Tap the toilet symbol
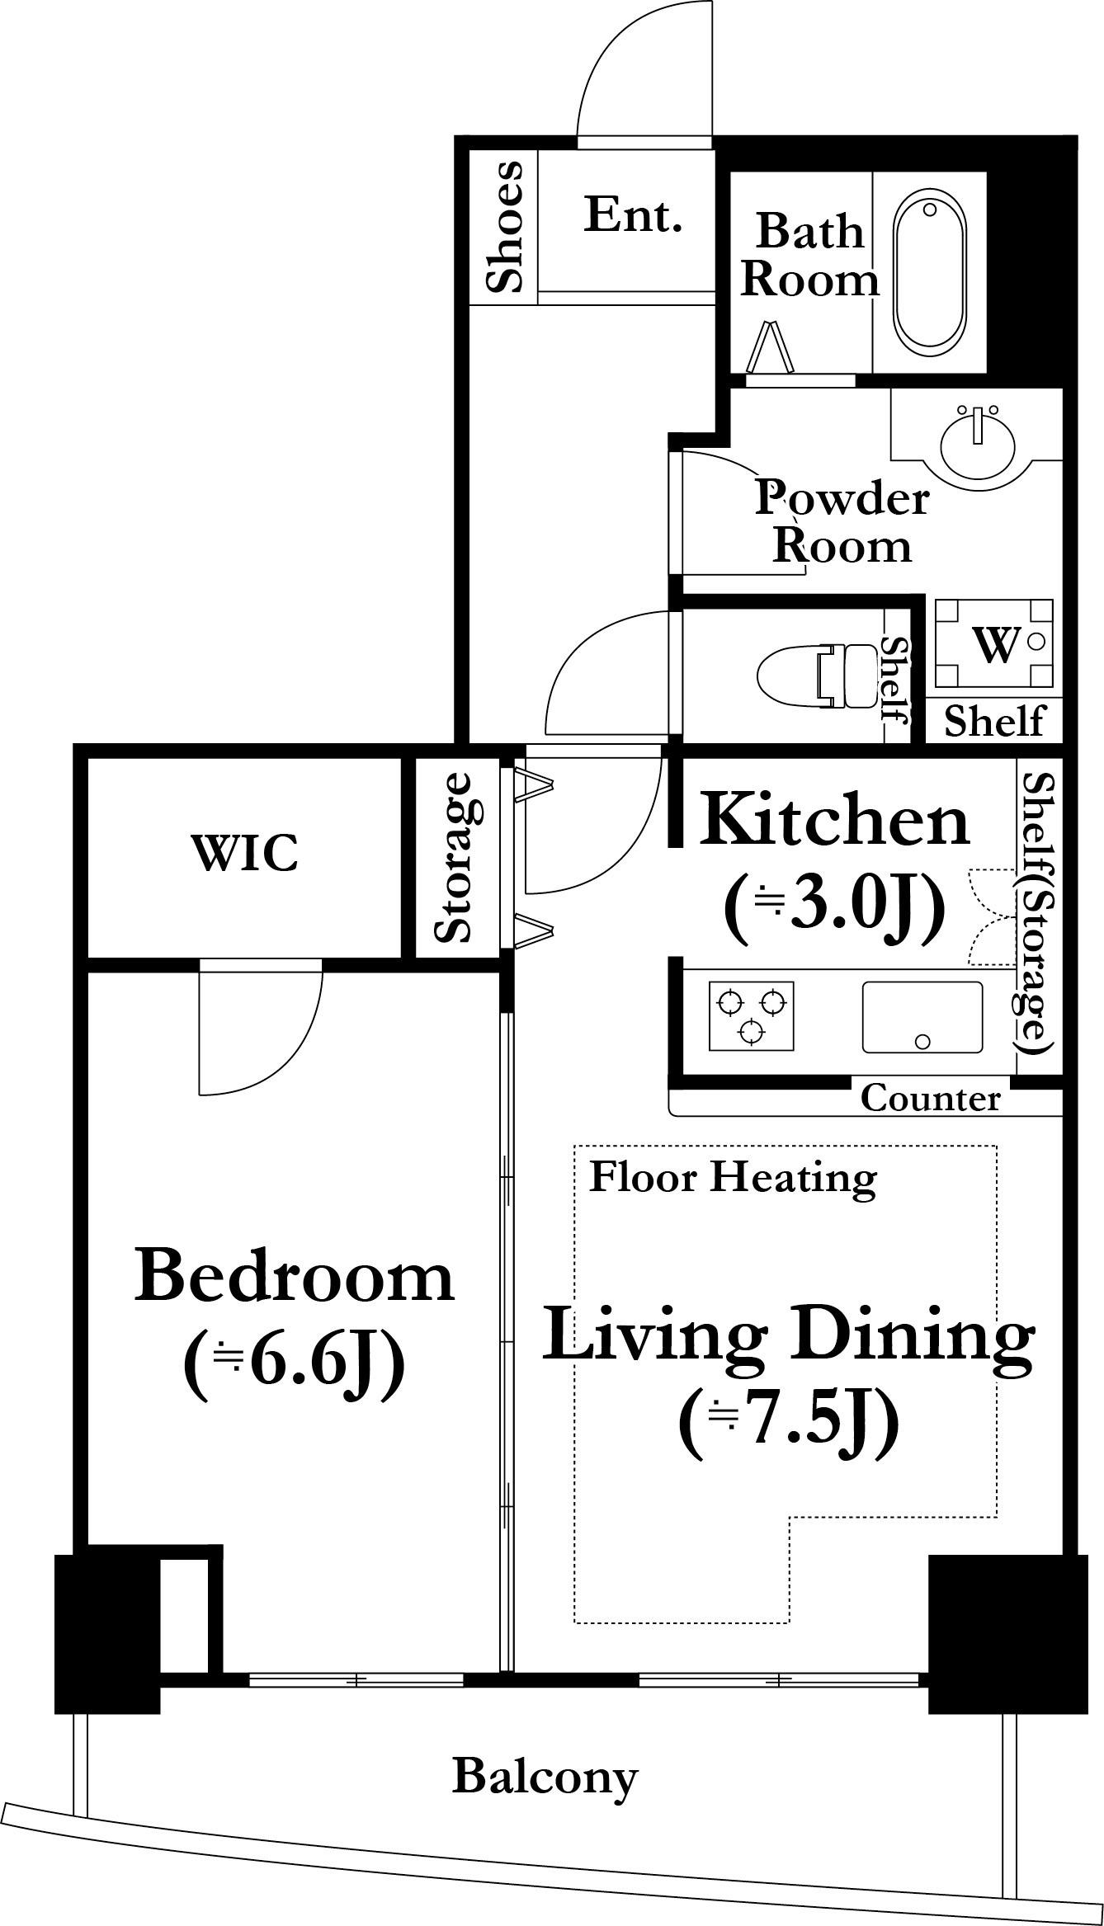817,676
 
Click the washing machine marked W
994,644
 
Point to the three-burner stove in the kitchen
751,1015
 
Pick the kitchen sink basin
922,1016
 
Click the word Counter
930,1099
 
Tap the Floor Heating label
732,1179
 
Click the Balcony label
545,1779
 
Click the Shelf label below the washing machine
993,721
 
